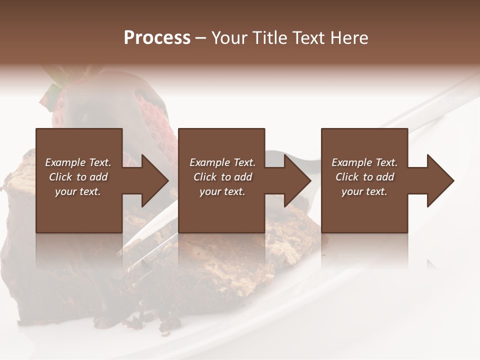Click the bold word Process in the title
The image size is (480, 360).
[157, 38]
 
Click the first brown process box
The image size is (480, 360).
[78, 210]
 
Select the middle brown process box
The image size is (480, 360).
[221, 210]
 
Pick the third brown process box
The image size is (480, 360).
[364, 210]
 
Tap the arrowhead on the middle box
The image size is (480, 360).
[297, 180]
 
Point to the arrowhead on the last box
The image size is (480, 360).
[440, 180]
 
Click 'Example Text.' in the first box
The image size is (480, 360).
[78, 162]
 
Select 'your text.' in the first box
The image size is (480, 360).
[78, 191]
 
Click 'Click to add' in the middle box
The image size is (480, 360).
[222, 177]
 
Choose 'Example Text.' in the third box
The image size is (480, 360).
[364, 162]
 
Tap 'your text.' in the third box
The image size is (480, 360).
[364, 191]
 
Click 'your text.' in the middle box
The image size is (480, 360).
[222, 191]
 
